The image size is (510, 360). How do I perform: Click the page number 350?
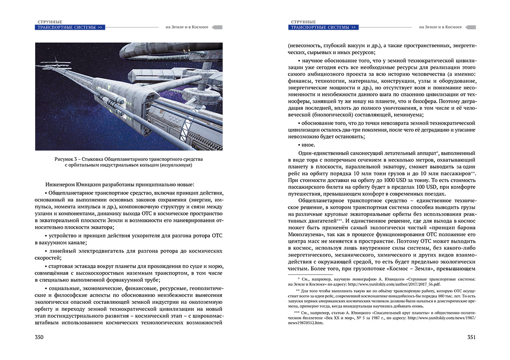(x=39, y=337)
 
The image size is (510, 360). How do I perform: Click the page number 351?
(x=471, y=337)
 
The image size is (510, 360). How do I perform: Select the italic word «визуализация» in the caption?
(x=176, y=165)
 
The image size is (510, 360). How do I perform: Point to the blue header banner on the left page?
(x=70, y=27)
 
